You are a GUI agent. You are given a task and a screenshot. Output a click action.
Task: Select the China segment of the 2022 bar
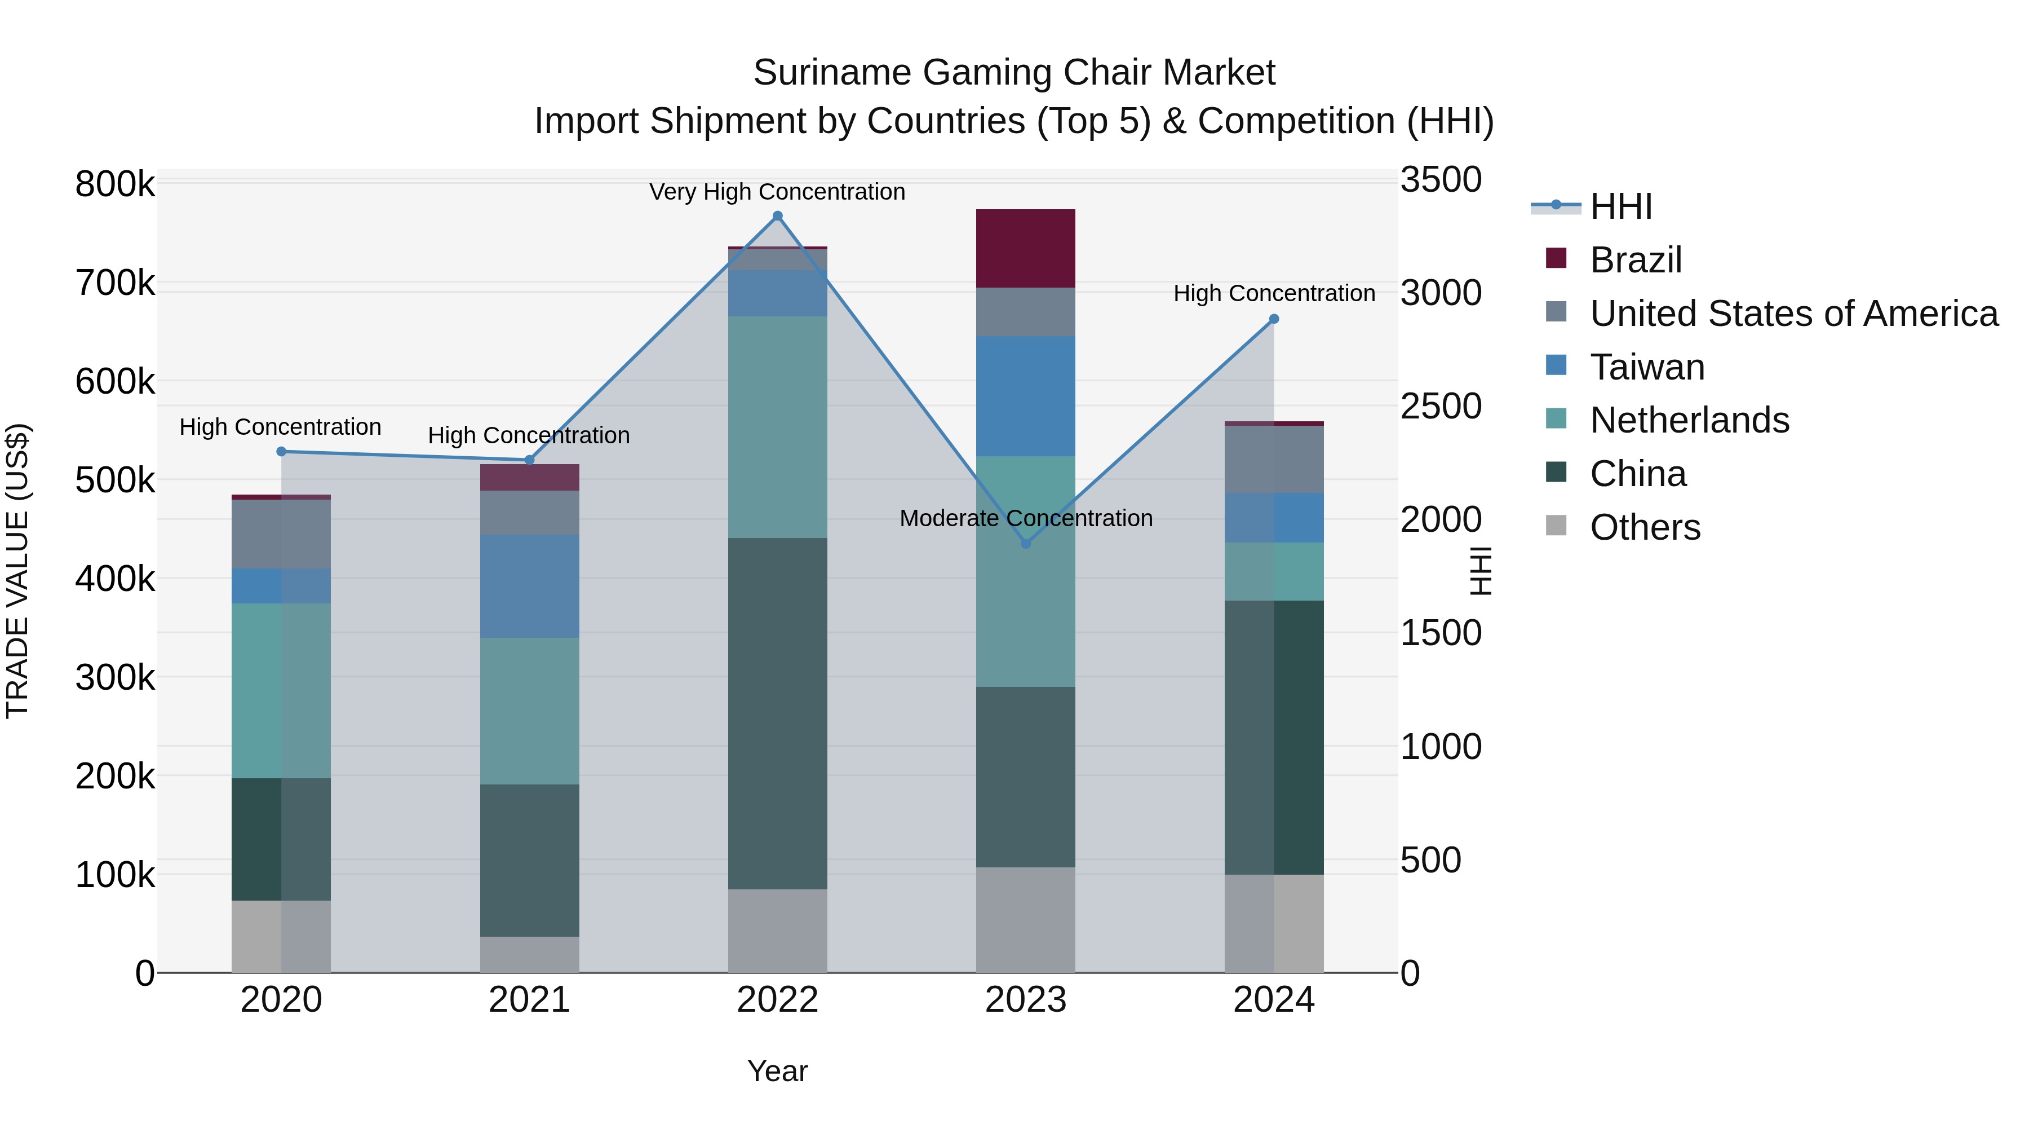(x=777, y=713)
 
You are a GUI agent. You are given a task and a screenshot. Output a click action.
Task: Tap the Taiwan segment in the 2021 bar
(x=529, y=585)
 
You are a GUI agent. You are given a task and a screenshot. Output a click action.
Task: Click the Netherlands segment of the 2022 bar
(x=777, y=426)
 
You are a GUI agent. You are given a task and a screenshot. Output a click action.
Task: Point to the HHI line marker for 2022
(x=777, y=216)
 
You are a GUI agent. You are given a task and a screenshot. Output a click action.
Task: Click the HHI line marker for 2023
(x=1026, y=544)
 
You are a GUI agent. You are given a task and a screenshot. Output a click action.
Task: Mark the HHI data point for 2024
(x=1274, y=319)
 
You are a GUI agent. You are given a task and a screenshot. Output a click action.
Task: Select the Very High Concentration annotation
(x=777, y=192)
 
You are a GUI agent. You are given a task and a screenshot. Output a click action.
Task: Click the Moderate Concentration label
(x=1026, y=519)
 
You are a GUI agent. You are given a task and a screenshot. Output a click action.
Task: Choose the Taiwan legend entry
(x=1646, y=367)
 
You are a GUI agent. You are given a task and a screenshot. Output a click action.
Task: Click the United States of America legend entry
(x=1793, y=314)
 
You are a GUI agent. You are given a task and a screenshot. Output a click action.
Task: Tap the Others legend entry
(x=1645, y=527)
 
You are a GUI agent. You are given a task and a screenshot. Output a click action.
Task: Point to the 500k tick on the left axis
(x=115, y=480)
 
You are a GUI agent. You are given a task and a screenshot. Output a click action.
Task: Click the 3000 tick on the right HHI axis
(x=1440, y=293)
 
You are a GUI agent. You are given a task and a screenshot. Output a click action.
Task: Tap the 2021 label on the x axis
(x=529, y=1000)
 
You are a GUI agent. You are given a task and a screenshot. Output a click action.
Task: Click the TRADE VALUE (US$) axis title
(x=17, y=571)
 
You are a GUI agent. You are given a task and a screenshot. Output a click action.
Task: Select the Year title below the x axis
(x=777, y=1071)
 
